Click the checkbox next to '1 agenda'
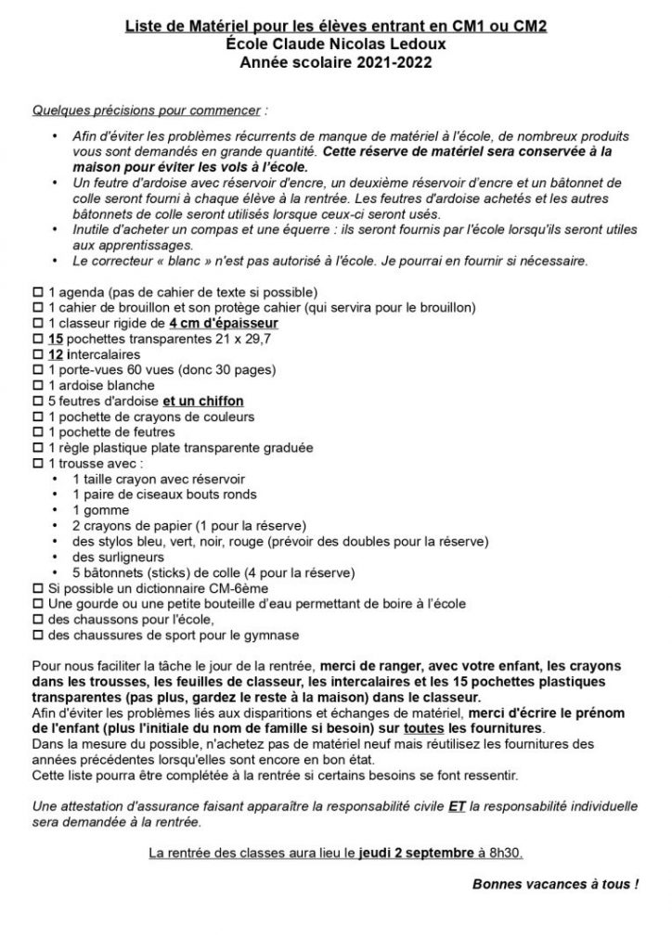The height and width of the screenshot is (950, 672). (38, 293)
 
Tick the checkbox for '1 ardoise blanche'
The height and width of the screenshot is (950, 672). (38, 387)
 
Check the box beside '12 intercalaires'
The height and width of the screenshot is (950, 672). (38, 355)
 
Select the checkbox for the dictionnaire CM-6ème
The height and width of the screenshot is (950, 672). (38, 589)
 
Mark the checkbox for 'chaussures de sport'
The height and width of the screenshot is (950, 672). (38, 635)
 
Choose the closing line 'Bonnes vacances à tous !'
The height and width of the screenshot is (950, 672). (555, 885)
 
